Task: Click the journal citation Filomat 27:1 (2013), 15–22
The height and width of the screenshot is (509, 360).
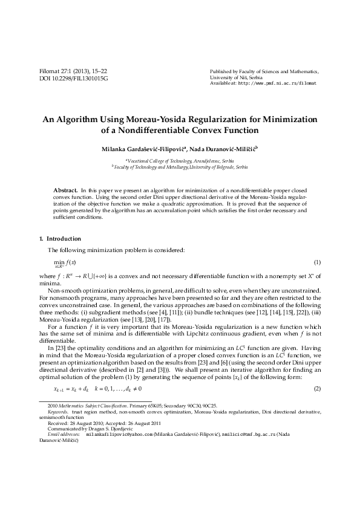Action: tap(73, 71)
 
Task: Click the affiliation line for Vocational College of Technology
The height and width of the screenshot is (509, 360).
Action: tap(180, 160)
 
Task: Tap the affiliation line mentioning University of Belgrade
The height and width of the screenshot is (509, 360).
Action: tap(180, 166)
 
